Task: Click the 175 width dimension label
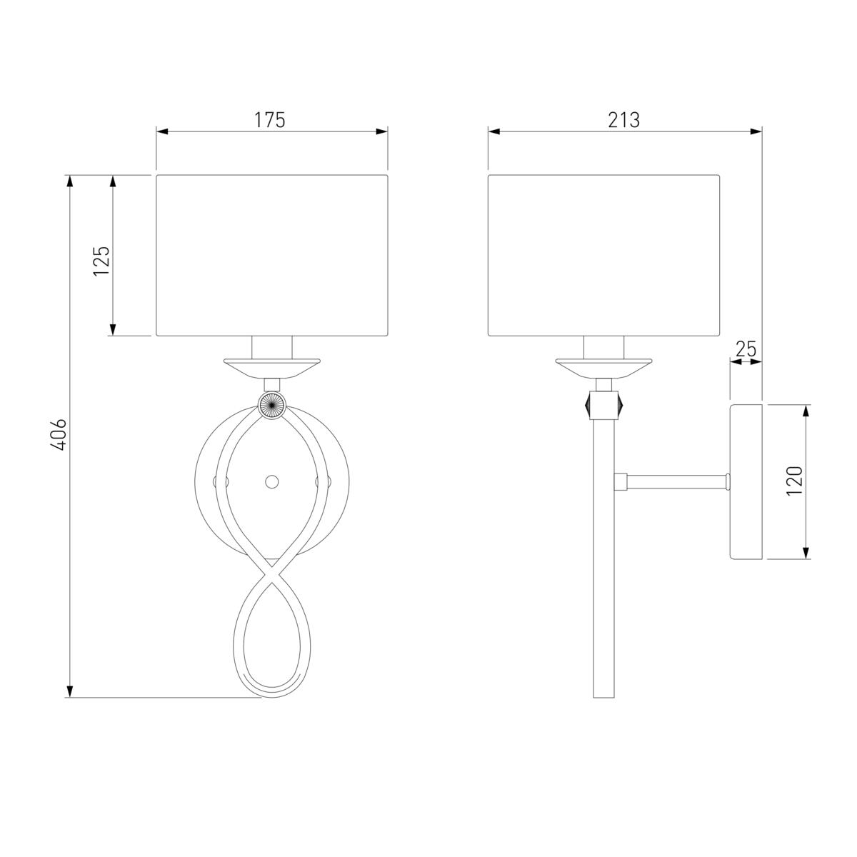(x=269, y=120)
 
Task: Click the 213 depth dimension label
(x=624, y=120)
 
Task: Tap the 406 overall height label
(x=59, y=434)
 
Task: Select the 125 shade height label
(x=102, y=261)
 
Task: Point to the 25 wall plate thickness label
(x=746, y=349)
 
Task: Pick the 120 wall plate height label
(x=794, y=481)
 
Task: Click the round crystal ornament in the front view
(x=271, y=405)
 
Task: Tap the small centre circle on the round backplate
(x=271, y=481)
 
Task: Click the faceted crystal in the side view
(x=604, y=405)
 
